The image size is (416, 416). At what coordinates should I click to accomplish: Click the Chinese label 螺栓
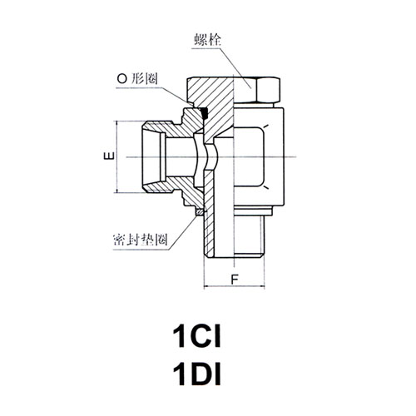(207, 40)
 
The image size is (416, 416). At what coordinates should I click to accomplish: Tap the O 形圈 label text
(137, 79)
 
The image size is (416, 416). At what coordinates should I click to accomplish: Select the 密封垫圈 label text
(141, 240)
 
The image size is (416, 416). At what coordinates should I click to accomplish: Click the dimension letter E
(110, 156)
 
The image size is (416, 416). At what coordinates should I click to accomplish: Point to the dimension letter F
(235, 280)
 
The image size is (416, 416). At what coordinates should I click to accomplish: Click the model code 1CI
(196, 337)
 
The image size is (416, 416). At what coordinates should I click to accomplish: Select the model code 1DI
(196, 374)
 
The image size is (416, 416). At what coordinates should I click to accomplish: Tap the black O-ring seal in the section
(205, 112)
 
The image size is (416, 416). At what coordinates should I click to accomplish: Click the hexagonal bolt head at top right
(269, 91)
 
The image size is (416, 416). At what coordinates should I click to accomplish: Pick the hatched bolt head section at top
(210, 92)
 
